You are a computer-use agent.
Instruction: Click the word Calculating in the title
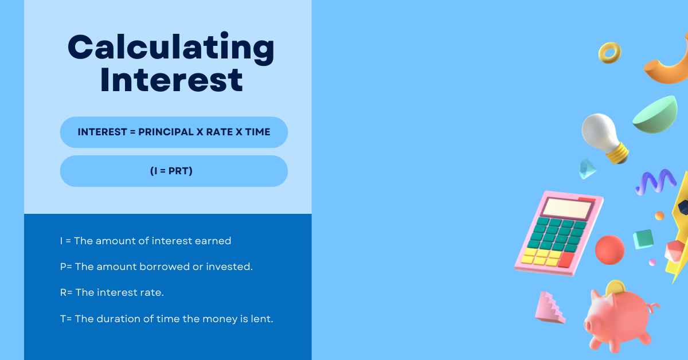point(171,48)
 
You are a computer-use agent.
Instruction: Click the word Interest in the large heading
point(171,80)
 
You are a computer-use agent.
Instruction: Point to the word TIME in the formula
point(257,132)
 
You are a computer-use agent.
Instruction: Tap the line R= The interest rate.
point(112,292)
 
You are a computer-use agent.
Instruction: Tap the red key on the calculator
point(566,260)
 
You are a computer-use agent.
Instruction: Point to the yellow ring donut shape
point(609,53)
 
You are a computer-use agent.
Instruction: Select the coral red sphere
point(609,250)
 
